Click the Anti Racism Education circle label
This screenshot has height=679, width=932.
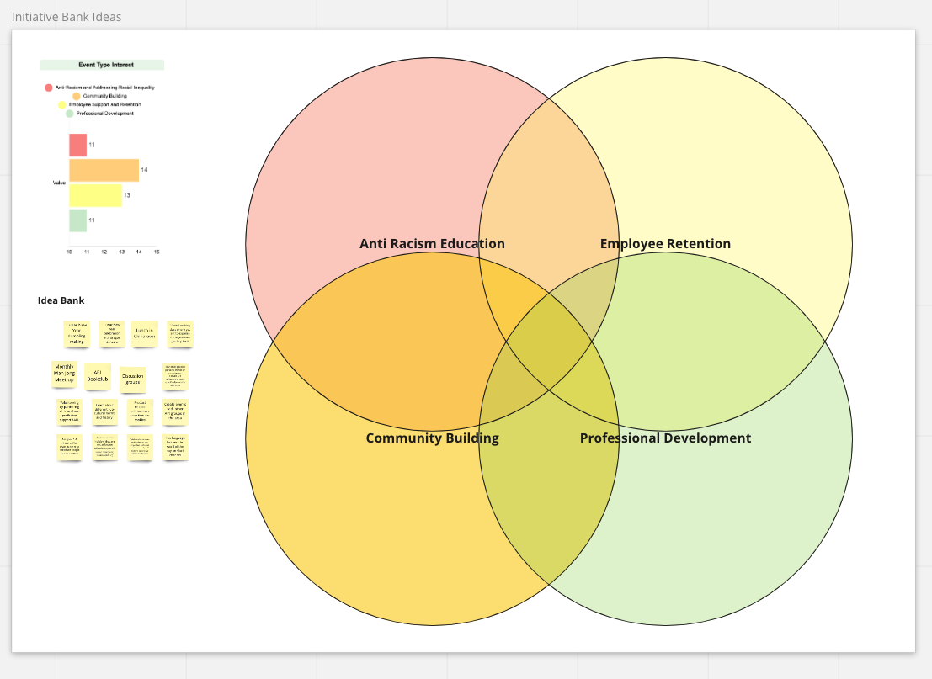[x=432, y=244]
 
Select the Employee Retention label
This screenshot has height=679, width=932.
[x=665, y=244]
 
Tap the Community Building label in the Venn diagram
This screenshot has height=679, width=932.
[x=432, y=438]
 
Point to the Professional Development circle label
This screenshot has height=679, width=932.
[x=665, y=438]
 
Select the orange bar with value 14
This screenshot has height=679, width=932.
[x=104, y=171]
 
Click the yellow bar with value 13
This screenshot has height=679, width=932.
[x=95, y=195]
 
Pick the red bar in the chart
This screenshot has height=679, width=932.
[x=77, y=145]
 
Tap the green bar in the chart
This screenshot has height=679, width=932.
[x=77, y=220]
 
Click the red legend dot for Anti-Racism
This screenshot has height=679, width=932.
[x=48, y=88]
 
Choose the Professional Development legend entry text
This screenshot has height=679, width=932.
[x=104, y=114]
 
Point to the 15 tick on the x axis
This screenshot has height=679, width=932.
[x=157, y=252]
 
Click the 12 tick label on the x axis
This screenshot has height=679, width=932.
[x=104, y=252]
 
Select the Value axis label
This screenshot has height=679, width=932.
[x=59, y=183]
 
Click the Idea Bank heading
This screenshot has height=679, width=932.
[x=61, y=300]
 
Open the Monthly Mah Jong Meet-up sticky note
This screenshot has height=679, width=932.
[x=64, y=374]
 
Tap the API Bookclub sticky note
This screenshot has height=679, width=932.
[x=97, y=376]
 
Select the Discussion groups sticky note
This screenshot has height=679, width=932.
[x=132, y=379]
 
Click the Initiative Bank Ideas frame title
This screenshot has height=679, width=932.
[x=67, y=17]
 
